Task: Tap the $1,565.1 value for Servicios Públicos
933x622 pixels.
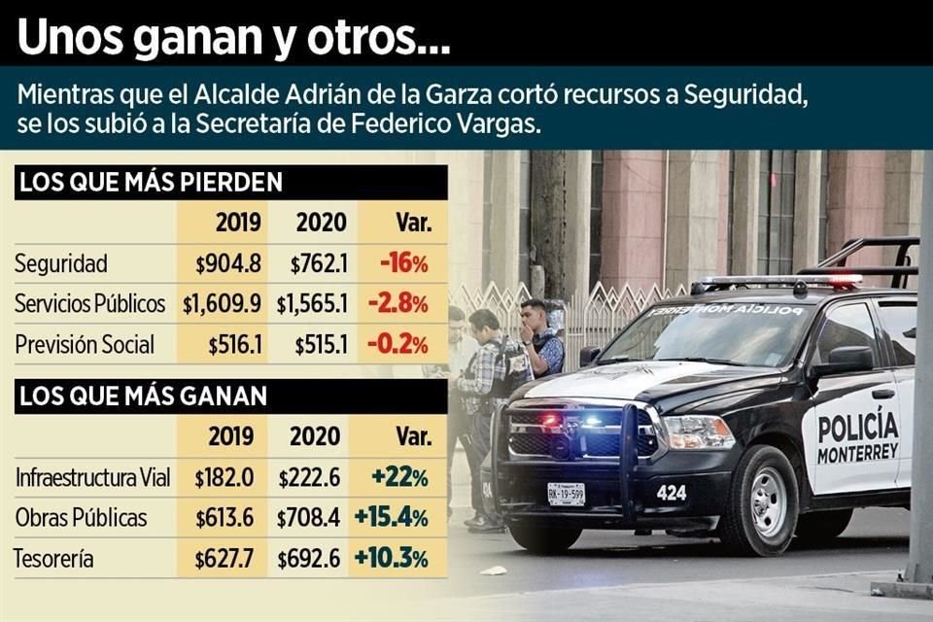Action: pos(311,304)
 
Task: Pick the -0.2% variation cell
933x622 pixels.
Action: pos(397,345)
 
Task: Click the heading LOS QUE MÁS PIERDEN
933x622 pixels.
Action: pos(151,182)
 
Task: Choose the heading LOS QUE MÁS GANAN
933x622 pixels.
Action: pos(143,396)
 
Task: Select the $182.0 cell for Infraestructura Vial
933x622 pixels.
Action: pos(225,477)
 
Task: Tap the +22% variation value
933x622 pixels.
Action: pos(399,477)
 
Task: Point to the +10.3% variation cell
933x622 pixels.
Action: pos(392,559)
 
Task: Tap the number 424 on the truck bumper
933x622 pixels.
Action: pos(671,493)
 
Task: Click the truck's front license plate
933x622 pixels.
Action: pos(566,494)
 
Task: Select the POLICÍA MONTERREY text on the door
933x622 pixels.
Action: pos(857,438)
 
